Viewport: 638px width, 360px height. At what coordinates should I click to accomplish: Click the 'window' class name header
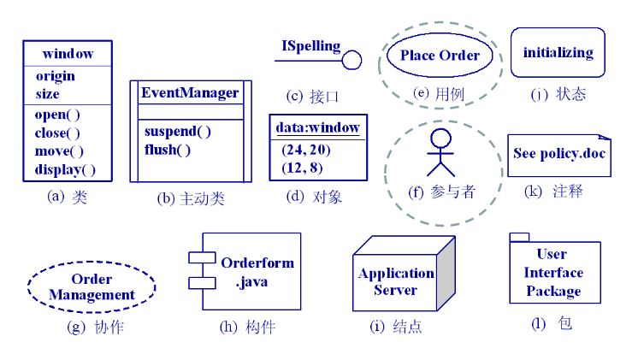pos(68,54)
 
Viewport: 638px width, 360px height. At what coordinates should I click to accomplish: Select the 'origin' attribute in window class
pos(55,76)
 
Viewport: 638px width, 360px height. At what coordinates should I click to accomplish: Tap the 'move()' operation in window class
pos(59,151)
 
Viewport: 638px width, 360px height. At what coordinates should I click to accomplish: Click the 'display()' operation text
pos(65,169)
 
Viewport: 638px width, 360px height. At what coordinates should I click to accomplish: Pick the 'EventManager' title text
pos(190,92)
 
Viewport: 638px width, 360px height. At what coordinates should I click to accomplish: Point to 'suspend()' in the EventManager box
pos(178,132)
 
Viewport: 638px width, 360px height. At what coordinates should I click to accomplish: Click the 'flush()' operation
pos(168,150)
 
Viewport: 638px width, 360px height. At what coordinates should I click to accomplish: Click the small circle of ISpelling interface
pos(352,61)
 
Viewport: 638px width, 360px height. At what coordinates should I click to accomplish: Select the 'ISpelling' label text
pos(311,46)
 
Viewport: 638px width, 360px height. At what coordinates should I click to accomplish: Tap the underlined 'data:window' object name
pos(317,128)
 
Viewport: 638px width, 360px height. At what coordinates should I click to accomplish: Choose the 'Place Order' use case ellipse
pos(440,56)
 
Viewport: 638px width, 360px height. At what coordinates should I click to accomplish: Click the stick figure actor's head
pos(440,139)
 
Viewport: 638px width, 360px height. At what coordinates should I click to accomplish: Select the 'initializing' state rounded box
pos(558,53)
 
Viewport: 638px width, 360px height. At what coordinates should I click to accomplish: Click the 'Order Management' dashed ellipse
pos(92,287)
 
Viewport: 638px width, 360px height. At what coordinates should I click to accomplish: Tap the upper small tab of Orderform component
pos(202,257)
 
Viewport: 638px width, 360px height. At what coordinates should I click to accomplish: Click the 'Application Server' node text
pos(395,281)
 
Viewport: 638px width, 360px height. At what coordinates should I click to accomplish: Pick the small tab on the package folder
pos(519,237)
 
